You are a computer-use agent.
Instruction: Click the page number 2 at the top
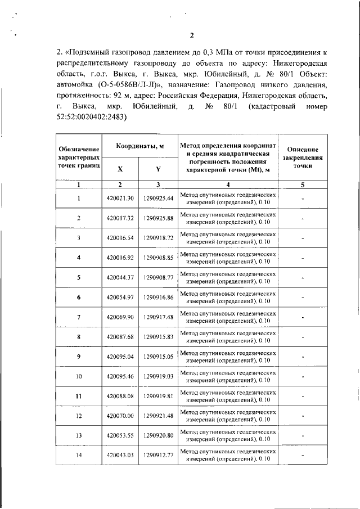click(192, 37)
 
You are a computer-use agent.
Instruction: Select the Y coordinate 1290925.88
click(158, 218)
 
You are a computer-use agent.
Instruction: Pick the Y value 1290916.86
click(158, 297)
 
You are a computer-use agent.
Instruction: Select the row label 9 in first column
click(79, 357)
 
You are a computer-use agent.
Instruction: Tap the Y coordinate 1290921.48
click(158, 416)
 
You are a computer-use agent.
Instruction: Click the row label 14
click(79, 455)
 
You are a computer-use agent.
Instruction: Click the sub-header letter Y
click(158, 169)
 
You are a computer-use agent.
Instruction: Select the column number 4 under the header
click(228, 184)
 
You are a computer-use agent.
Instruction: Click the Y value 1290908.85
click(158, 258)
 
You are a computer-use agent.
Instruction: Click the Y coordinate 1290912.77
click(158, 455)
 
